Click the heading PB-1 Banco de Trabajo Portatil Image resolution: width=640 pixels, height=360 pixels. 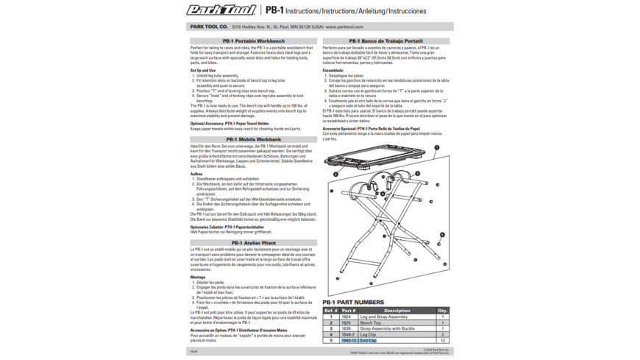[385, 40]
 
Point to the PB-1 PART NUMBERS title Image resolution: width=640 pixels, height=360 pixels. [353, 303]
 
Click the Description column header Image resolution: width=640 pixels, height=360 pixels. [397, 311]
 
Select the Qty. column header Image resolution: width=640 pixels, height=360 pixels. [443, 311]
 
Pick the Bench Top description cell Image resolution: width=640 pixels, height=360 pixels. [371, 322]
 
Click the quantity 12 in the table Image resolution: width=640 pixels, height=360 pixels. [443, 341]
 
